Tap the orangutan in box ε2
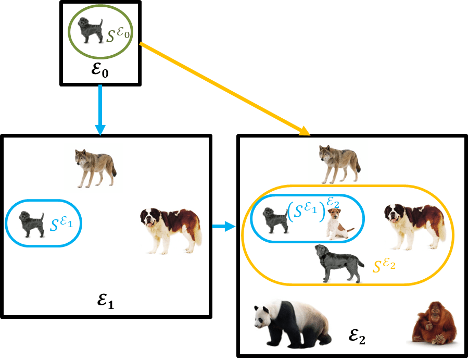(434, 324)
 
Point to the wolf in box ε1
(96, 168)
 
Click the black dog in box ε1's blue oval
(32, 224)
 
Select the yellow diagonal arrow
(224, 89)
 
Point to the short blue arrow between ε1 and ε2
(224, 227)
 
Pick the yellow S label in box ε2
(384, 265)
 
